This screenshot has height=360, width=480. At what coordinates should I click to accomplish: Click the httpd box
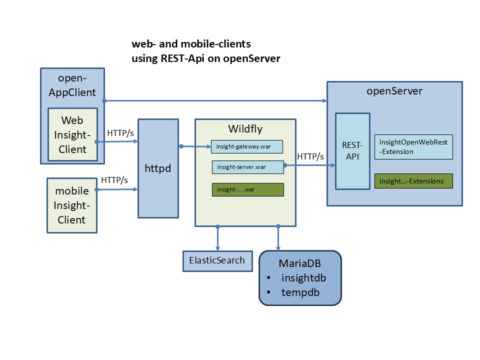tap(158, 168)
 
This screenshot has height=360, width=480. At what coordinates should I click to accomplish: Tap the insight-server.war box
tap(247, 167)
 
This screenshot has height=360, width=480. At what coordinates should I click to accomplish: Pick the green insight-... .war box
tap(247, 190)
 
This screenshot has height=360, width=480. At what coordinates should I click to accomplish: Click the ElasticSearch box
tap(217, 260)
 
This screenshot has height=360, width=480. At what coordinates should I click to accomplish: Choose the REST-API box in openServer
tap(352, 151)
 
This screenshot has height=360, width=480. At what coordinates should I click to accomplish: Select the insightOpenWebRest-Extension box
tap(413, 147)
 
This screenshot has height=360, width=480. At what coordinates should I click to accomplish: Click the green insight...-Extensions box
tap(413, 181)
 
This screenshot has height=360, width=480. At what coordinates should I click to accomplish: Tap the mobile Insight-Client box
tap(71, 205)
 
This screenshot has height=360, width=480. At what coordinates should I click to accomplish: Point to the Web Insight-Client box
tap(73, 134)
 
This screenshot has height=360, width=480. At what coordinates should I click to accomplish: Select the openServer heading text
tap(394, 91)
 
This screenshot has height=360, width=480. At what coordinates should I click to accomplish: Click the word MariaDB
tap(299, 263)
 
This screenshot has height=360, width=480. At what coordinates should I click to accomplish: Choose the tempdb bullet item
tap(300, 292)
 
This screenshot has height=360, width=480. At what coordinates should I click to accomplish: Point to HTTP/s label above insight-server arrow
tap(310, 156)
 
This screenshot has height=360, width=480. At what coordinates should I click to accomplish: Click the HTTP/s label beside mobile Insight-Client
tap(114, 180)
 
